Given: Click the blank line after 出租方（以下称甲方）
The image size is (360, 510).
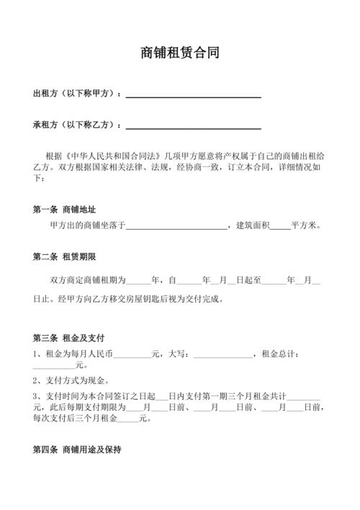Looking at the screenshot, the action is (193, 95).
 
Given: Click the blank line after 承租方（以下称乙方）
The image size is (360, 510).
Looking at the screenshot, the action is (193, 126).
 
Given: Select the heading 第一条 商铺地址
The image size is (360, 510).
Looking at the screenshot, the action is (64, 210).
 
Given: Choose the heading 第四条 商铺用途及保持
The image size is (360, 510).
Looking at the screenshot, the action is (77, 450).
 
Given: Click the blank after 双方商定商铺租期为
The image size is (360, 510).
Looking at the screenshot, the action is (138, 282).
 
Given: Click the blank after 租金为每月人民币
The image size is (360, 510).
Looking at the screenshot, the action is (132, 355).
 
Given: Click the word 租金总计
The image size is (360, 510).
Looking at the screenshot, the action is (279, 354).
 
